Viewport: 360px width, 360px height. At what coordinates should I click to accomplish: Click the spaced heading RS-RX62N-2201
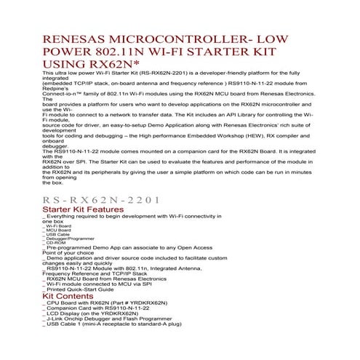click(101, 199)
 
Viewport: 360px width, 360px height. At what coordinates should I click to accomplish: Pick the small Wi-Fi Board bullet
click(58, 226)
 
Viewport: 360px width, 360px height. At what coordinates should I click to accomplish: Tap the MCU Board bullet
click(57, 231)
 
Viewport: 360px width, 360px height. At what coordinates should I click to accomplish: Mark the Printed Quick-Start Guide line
click(94, 289)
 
